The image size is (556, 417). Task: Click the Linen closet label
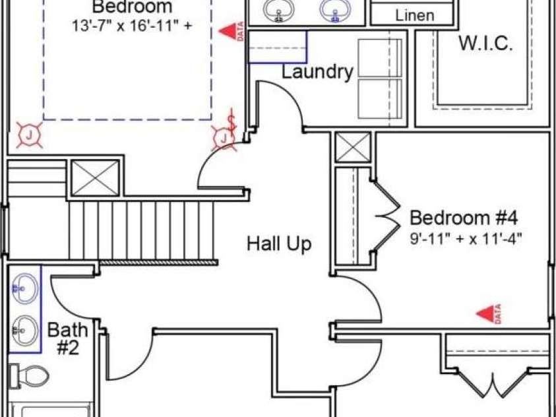tap(414, 16)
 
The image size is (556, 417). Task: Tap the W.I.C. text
tap(485, 44)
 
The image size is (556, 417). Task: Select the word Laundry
tap(317, 72)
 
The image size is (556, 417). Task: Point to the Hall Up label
tap(279, 244)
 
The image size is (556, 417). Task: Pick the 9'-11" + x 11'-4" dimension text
tap(466, 238)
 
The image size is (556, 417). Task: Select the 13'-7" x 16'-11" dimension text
tap(133, 26)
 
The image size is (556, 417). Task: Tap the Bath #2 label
tap(68, 338)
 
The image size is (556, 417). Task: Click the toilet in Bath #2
tap(29, 376)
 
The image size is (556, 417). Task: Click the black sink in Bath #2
tap(24, 330)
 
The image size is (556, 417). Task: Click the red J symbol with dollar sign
tap(225, 135)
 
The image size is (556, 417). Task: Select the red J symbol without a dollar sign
tap(30, 135)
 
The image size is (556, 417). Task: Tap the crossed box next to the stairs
tap(95, 178)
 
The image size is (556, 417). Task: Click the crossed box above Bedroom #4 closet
tap(353, 147)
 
